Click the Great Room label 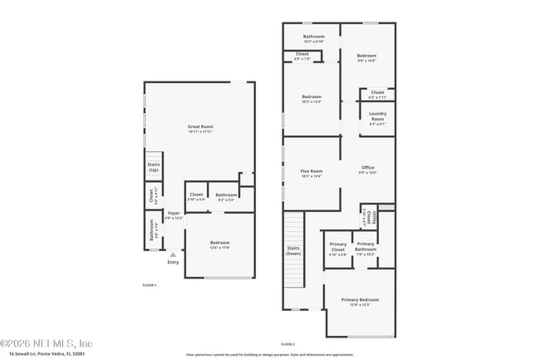(200, 128)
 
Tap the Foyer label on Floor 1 (174, 215)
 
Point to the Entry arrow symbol (173, 254)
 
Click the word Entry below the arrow (173, 263)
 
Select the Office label (367, 170)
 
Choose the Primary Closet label (337, 249)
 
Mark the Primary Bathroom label (366, 247)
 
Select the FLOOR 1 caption (150, 285)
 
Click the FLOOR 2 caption (287, 344)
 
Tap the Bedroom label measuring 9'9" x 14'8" (366, 58)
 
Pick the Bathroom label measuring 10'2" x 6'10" (313, 38)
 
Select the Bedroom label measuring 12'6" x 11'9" (219, 244)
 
